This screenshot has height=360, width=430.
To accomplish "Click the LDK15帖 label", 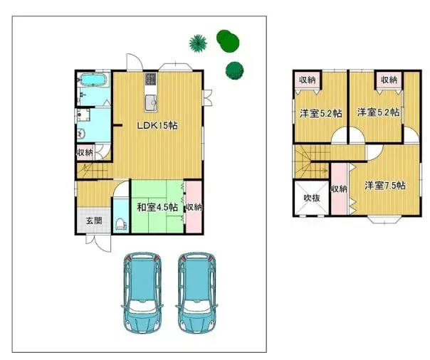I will click(157, 125).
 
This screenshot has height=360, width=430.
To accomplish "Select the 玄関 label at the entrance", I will click(94, 221).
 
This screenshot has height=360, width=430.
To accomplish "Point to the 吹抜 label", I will click(310, 198).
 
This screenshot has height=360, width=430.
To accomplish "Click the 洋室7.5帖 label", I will click(385, 185).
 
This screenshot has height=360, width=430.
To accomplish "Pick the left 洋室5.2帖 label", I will click(320, 112).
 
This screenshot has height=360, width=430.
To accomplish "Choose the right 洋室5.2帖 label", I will click(378, 112).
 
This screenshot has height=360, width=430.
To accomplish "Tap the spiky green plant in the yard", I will click(198, 43).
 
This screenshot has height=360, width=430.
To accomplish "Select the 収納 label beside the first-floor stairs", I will click(85, 152).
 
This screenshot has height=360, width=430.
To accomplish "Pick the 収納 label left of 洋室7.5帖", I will click(339, 189).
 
